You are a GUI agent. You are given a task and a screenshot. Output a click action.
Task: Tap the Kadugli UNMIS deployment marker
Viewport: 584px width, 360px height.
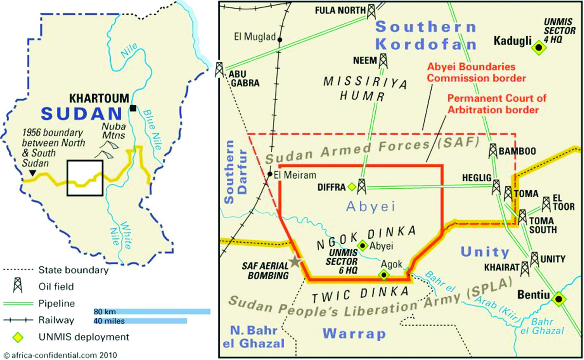(x=538, y=47)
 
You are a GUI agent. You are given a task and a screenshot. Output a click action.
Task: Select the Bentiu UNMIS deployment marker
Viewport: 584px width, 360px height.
(x=559, y=299)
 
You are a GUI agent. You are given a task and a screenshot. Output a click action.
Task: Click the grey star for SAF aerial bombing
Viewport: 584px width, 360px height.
(x=294, y=262)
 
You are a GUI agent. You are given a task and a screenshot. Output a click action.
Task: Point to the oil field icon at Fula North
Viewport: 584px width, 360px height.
(x=371, y=11)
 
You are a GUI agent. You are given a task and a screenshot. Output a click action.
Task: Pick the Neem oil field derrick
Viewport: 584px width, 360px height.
(x=383, y=61)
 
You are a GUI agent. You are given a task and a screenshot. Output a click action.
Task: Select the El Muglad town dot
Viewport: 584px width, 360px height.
(x=280, y=40)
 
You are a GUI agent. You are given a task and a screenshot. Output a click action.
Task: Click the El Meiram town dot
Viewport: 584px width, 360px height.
(x=270, y=174)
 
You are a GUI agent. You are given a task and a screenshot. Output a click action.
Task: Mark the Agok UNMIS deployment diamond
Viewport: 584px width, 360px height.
(x=384, y=275)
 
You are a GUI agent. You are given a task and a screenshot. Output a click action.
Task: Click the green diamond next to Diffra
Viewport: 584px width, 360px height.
(x=352, y=186)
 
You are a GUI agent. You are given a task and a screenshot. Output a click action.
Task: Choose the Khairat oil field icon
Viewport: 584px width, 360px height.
(x=524, y=268)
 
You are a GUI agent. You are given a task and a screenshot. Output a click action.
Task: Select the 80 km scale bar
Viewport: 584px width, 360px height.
(x=152, y=311)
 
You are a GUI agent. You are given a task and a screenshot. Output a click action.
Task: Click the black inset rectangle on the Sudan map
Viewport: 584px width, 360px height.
(x=85, y=177)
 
